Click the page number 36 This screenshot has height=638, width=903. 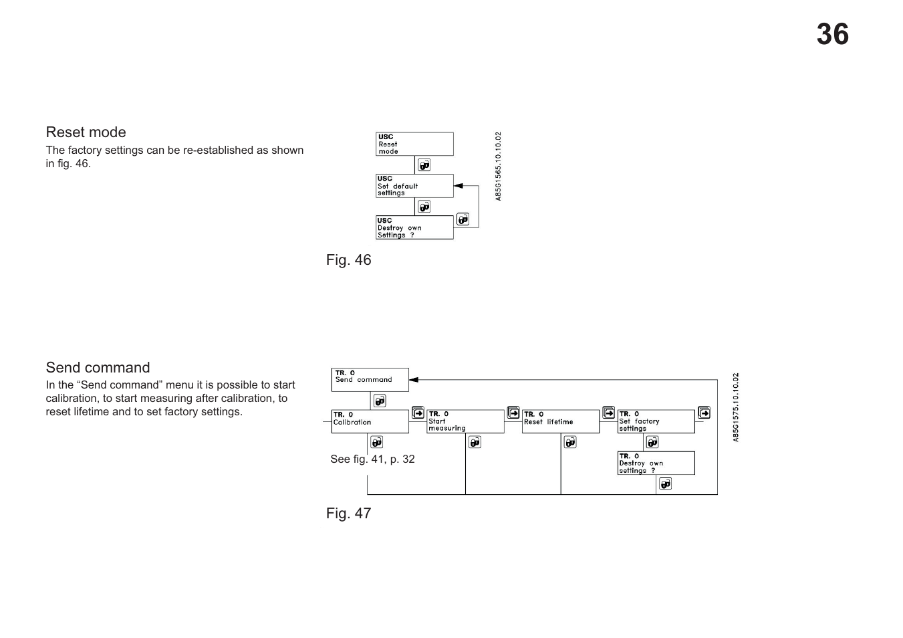coord(832,35)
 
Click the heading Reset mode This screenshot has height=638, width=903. coord(86,132)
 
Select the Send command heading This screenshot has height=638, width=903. coord(98,368)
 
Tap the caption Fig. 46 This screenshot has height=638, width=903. coord(348,260)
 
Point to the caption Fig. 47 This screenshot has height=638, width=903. coord(348,514)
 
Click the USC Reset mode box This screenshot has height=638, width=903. coord(414,144)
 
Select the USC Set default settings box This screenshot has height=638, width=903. coord(414,186)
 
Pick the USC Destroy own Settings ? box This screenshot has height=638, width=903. coord(414,227)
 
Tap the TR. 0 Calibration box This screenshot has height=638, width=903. coord(370,421)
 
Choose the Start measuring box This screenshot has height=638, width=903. coord(465,421)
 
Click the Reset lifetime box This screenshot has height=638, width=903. coord(560,421)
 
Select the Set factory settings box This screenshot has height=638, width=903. coord(656,421)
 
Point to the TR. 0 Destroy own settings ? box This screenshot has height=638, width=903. coord(656,463)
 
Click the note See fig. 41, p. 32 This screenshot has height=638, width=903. coord(372,459)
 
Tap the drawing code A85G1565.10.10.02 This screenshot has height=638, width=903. coord(498,167)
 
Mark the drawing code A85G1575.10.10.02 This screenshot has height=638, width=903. coord(736,407)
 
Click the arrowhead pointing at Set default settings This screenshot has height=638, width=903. coord(459,186)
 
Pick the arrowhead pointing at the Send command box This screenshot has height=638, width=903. coord(414,379)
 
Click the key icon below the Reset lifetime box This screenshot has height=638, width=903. coord(570,442)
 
